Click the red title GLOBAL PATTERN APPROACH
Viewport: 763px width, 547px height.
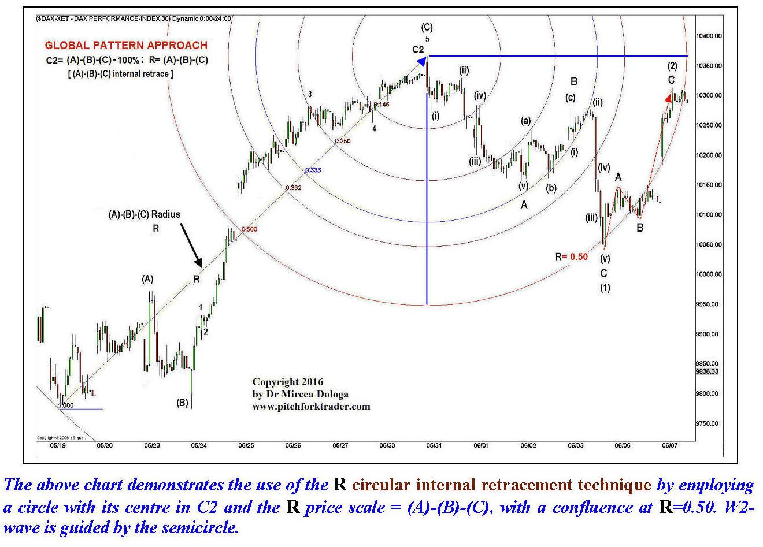coord(126,45)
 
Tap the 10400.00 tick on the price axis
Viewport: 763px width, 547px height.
coord(710,36)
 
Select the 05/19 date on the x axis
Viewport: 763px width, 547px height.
coord(57,445)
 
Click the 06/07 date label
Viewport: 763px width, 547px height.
coord(669,445)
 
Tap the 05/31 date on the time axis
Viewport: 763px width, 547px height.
coord(434,445)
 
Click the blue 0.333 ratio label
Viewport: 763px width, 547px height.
coord(313,170)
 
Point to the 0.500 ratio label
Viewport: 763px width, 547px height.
coord(250,229)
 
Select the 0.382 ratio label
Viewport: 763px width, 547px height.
coord(293,188)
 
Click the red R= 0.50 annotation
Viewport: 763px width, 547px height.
coord(571,256)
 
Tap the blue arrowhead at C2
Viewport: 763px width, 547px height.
coord(422,61)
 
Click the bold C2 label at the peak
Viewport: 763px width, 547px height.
coord(418,50)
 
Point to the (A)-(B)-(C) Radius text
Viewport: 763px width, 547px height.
coord(144,214)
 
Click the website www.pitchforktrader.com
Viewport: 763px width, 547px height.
coord(311,406)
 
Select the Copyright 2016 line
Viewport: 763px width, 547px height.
coord(288,382)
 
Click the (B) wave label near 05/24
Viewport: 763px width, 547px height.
coord(182,403)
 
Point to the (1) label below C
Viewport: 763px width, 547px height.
coord(605,288)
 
